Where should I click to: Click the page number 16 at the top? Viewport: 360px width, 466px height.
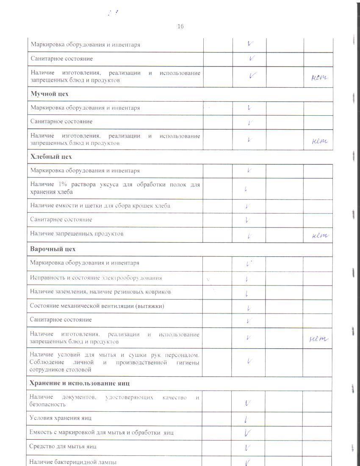click(180, 27)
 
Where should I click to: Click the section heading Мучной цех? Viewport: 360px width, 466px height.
click(50, 94)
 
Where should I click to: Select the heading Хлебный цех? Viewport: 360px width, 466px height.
click(51, 157)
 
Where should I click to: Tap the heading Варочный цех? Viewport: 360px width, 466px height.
click(53, 249)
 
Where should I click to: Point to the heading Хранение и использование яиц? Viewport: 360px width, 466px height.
click(80, 383)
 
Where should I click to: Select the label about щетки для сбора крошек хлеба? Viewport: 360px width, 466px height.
click(100, 206)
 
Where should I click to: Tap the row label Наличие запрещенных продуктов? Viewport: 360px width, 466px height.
click(77, 233)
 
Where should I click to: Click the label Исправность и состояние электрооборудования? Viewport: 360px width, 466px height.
click(96, 278)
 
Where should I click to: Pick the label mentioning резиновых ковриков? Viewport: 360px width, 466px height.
click(100, 292)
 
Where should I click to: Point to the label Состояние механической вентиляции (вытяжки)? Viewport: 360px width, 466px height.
click(97, 306)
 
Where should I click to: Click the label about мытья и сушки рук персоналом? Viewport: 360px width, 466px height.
click(114, 362)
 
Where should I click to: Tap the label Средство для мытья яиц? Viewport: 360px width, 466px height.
click(63, 447)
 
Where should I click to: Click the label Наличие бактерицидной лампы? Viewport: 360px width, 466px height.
click(73, 462)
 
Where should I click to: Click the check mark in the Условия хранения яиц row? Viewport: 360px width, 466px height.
click(246, 419)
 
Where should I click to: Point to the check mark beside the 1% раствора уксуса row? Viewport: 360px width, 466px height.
click(246, 189)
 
